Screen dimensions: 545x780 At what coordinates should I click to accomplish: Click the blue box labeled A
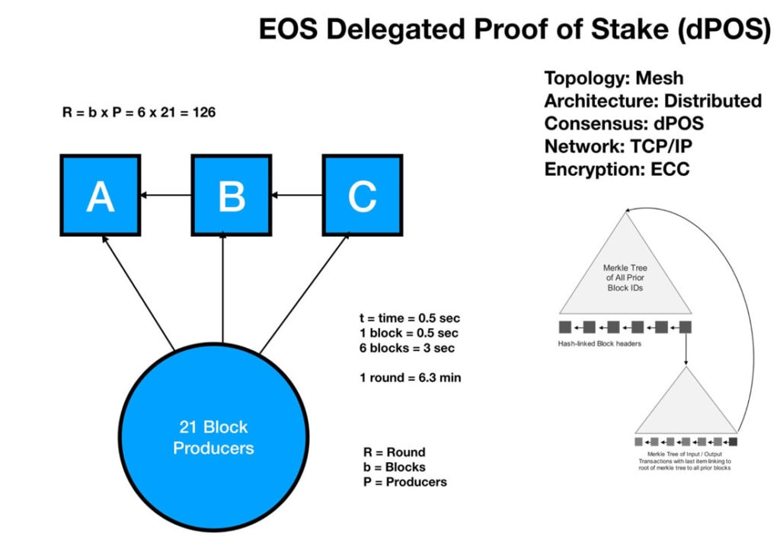(x=100, y=195)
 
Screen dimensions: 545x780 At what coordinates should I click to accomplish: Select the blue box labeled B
(x=231, y=195)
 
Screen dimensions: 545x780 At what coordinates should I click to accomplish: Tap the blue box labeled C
(x=362, y=195)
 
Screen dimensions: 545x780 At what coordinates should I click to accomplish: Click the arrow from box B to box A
(x=165, y=196)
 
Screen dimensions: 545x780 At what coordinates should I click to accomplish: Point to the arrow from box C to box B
(x=297, y=196)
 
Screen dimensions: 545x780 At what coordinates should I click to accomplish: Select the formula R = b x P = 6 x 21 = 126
(x=139, y=112)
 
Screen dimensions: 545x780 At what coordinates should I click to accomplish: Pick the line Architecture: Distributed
(x=652, y=101)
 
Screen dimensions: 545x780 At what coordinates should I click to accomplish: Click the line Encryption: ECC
(x=616, y=170)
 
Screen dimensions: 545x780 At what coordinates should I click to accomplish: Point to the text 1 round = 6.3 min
(x=411, y=378)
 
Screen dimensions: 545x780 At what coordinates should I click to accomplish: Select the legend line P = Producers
(x=405, y=482)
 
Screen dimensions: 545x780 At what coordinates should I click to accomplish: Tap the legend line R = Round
(x=395, y=452)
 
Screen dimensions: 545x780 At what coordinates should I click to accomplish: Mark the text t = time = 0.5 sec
(x=411, y=317)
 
